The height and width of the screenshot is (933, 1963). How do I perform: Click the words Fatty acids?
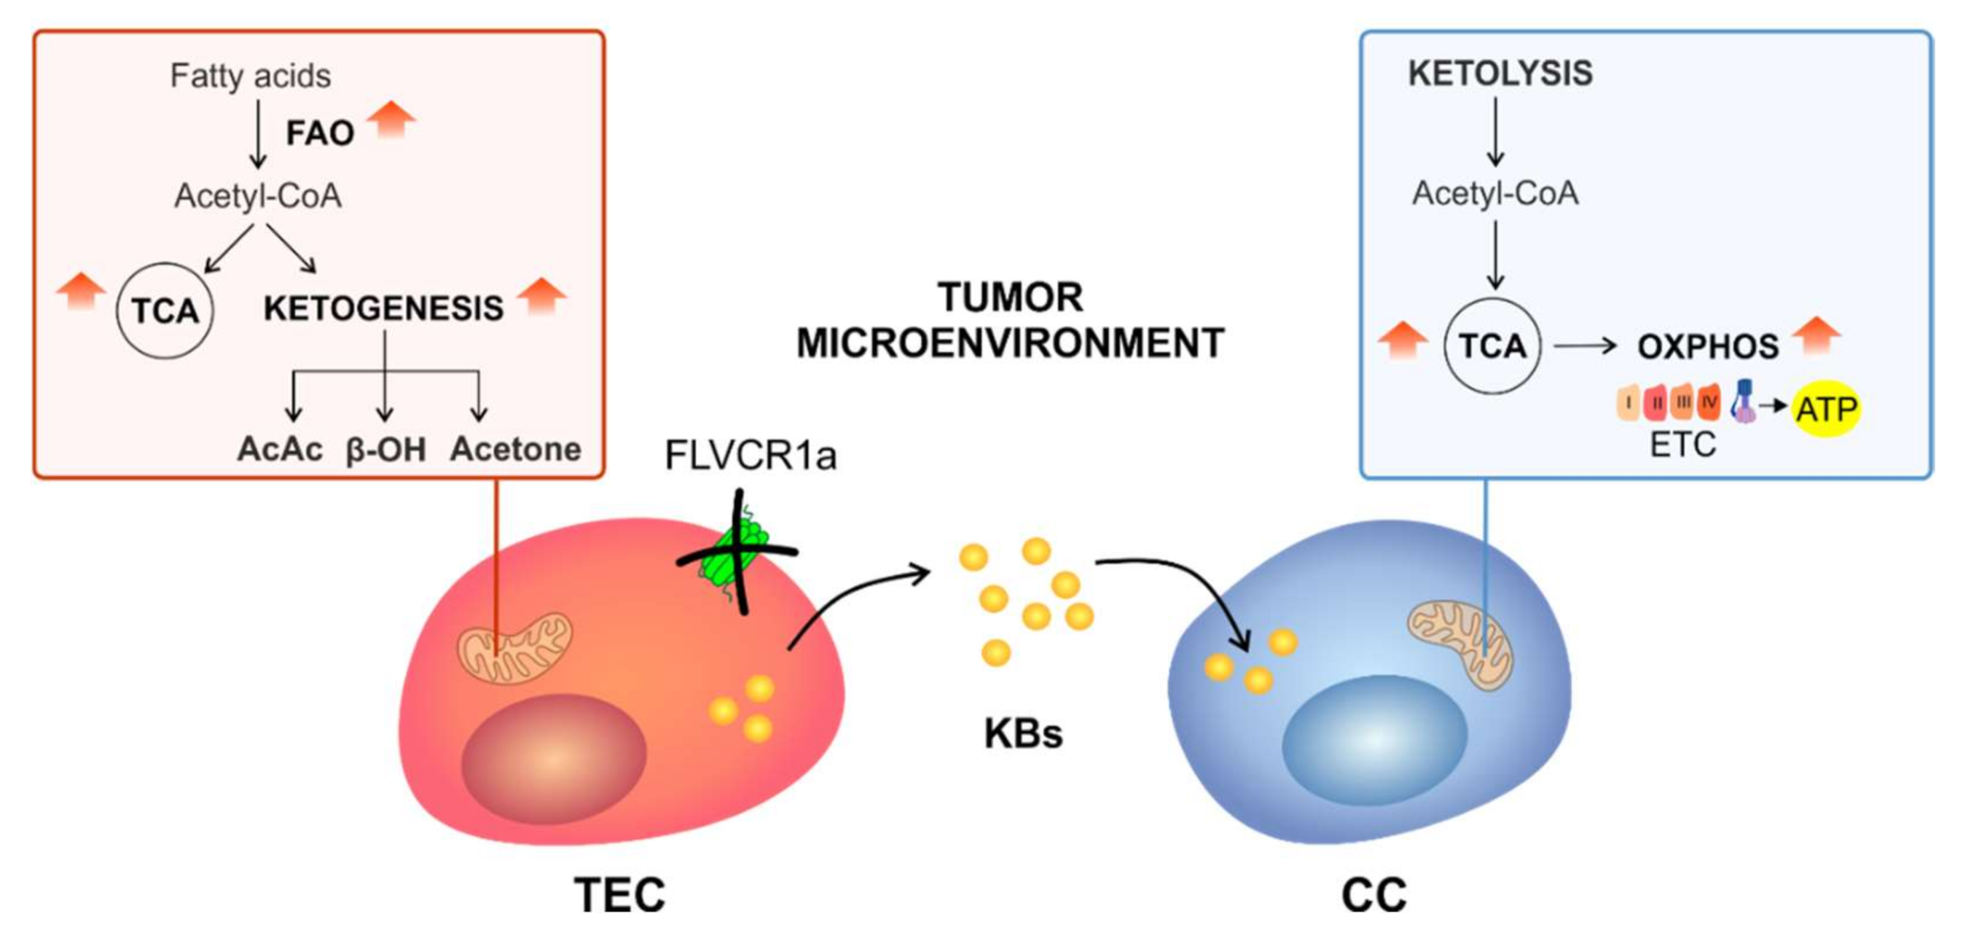tap(250, 76)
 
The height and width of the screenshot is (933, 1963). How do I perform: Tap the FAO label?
tap(319, 133)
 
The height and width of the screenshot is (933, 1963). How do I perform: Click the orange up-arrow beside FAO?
tap(391, 119)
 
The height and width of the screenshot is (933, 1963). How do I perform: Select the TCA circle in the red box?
tap(165, 311)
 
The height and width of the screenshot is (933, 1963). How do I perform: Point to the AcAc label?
tap(280, 449)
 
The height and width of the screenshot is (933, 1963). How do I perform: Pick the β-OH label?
tap(385, 450)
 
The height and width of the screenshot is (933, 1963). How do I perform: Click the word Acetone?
tap(515, 449)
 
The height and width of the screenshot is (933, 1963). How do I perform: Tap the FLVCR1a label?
tap(751, 456)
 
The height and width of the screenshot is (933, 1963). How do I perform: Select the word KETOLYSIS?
tap(1500, 74)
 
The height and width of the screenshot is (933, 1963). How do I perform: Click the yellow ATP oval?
tap(1826, 410)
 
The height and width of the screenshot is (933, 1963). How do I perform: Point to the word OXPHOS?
tap(1708, 347)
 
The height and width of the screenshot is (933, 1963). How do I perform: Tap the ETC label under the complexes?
tap(1682, 445)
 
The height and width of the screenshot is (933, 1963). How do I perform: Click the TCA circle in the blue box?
tap(1492, 346)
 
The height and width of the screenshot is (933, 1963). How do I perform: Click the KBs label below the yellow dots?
tap(1022, 733)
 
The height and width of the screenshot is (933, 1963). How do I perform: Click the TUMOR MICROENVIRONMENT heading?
tap(1010, 320)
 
